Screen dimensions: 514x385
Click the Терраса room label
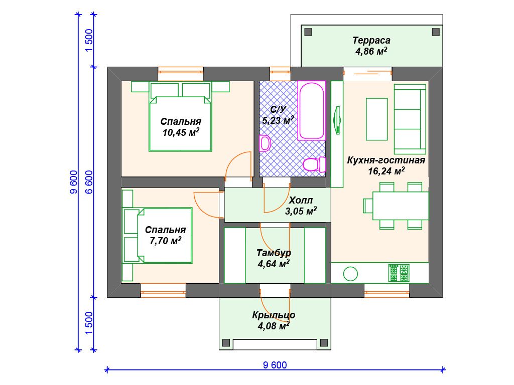[371, 40]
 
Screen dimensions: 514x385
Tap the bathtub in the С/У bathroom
[311, 111]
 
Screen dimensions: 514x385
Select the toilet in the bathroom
[314, 164]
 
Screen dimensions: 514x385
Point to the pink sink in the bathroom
[265, 143]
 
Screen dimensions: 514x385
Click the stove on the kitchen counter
[399, 273]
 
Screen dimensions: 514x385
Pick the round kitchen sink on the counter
[350, 274]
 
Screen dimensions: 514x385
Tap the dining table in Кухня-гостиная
[401, 206]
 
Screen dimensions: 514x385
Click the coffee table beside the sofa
[376, 119]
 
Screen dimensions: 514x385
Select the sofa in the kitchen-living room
[410, 119]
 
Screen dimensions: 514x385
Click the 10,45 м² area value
[181, 132]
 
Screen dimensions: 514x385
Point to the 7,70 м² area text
[165, 241]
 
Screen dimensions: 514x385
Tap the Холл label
[301, 200]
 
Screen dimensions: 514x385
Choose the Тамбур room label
[274, 253]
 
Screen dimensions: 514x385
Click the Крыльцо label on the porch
[274, 315]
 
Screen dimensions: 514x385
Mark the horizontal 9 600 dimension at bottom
[275, 365]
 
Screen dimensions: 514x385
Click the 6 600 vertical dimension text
[89, 182]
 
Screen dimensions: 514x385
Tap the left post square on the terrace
[308, 32]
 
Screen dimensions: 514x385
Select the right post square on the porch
[324, 343]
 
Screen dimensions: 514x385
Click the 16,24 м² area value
[386, 171]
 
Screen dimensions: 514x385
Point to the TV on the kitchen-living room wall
[337, 120]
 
